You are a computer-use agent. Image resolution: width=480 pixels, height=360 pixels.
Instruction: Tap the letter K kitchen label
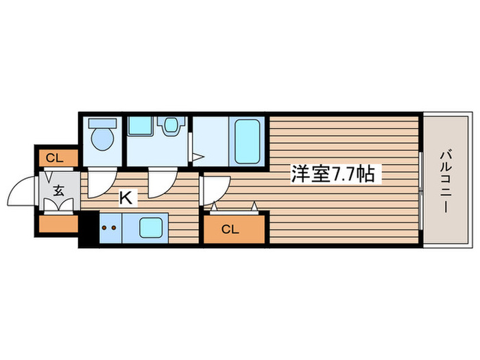coord(125,198)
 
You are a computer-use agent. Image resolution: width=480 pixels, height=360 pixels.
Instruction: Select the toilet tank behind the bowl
coord(101,123)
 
